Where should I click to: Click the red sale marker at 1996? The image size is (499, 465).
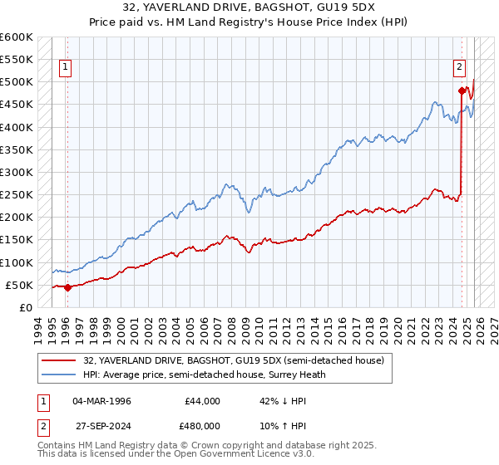coord(67,287)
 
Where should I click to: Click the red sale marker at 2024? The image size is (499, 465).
coord(461,91)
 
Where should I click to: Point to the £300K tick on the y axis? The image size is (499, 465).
coord(17,172)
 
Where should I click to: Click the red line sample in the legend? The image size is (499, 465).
coord(61,360)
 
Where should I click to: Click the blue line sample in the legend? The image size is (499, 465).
coord(61,374)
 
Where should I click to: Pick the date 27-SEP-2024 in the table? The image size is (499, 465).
coord(101,426)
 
